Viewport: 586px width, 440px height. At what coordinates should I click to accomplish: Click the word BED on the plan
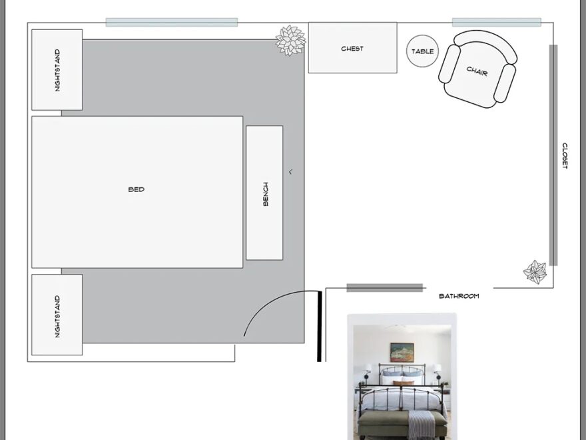pos(136,189)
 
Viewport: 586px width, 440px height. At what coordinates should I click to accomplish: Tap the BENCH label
pos(266,193)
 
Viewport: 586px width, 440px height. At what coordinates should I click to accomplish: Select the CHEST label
pos(352,49)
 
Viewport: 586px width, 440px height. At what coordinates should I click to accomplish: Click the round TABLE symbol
pos(422,51)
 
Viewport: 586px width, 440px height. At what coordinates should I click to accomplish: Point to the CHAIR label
pos(477,70)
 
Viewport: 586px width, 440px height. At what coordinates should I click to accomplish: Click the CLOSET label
pos(565,156)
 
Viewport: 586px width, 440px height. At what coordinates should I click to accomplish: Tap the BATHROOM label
pos(459,296)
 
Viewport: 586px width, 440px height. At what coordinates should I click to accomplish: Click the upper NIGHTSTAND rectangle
pos(57,69)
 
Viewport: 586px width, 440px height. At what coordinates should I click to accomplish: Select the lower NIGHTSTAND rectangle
pos(57,315)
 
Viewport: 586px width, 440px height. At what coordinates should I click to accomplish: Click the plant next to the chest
pos(290,41)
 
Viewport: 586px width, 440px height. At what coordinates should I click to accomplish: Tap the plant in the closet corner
pos(535,271)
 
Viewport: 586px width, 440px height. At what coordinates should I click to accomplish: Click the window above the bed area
pos(171,22)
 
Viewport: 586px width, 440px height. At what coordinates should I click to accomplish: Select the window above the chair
pos(496,22)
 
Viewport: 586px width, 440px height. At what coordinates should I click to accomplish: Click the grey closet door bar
pos(553,155)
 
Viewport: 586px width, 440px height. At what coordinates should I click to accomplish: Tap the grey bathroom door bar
pos(384,288)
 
